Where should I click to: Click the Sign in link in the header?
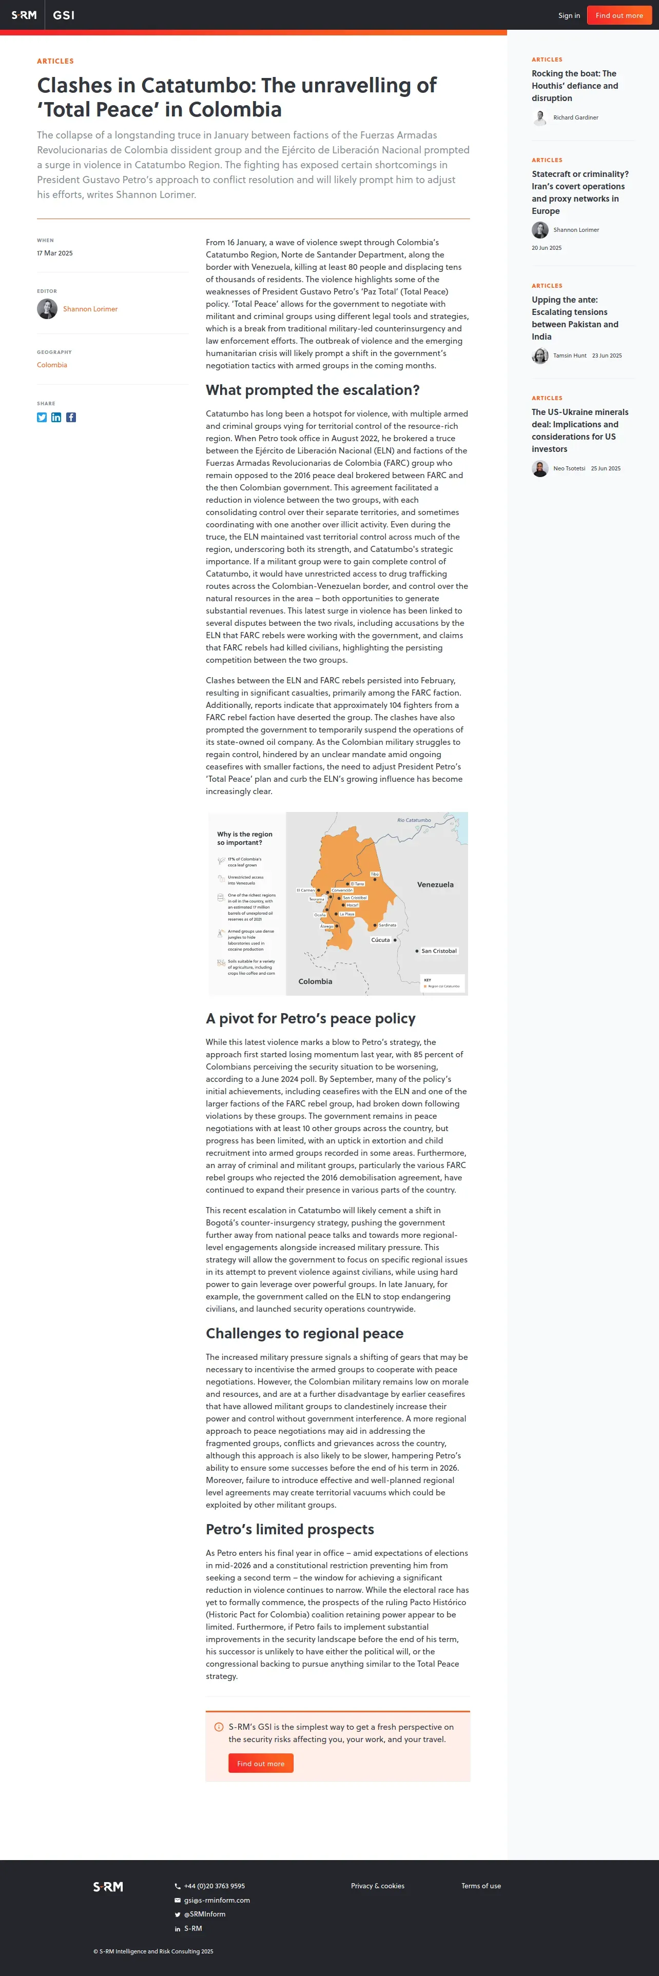point(569,15)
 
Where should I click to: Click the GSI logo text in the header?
point(64,15)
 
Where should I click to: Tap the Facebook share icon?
point(71,417)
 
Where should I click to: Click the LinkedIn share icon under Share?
point(56,417)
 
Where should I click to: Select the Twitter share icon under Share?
point(42,417)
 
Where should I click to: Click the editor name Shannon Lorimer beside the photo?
point(90,309)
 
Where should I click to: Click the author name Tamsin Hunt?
point(569,356)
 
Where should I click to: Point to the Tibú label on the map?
point(374,875)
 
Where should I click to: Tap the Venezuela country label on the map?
point(435,884)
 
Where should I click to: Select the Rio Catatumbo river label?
point(414,820)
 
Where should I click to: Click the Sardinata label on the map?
point(387,925)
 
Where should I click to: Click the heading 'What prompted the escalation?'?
point(312,390)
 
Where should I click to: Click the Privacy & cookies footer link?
point(377,1886)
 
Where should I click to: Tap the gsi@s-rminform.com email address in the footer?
point(217,1900)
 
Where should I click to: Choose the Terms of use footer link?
point(481,1886)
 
